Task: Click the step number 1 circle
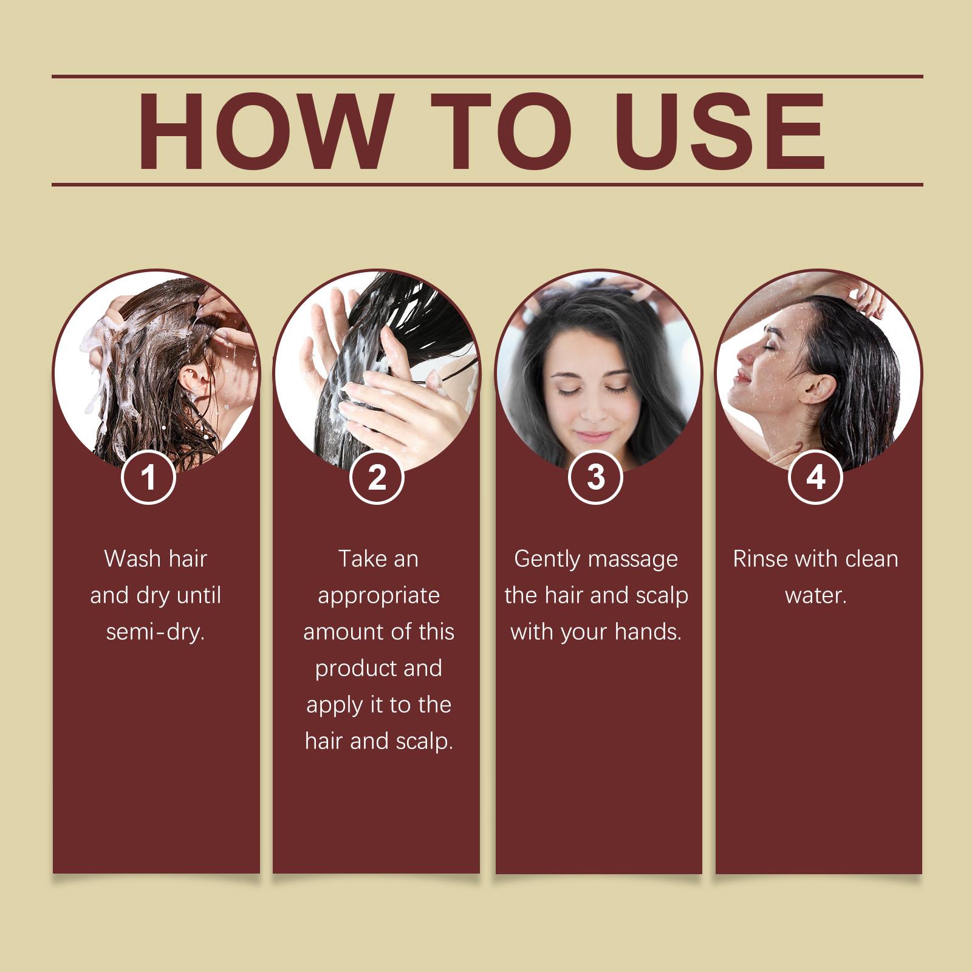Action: click(148, 477)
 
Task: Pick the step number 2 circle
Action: click(377, 477)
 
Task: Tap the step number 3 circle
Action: click(596, 477)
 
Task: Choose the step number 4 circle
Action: click(815, 477)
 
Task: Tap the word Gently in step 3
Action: click(547, 560)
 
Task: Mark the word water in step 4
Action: click(814, 595)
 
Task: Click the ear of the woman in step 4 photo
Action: click(828, 389)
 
